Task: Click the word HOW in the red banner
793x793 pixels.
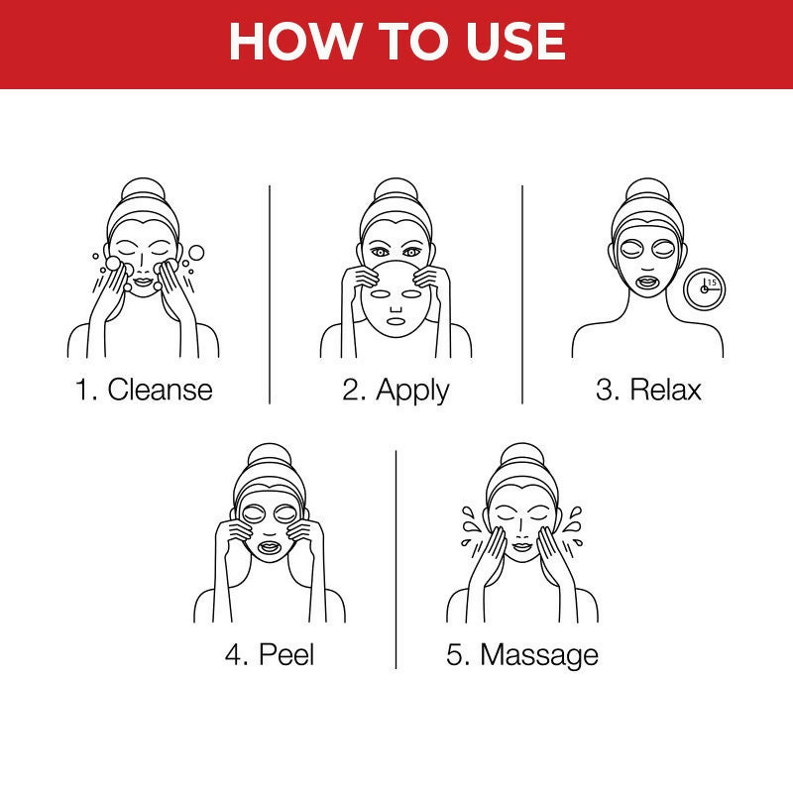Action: click(283, 42)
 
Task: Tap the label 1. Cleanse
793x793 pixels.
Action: click(144, 389)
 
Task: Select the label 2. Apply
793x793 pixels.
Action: click(396, 389)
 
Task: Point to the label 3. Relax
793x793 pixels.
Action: click(648, 389)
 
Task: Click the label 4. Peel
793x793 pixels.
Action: click(270, 654)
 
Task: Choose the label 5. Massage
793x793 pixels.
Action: click(522, 654)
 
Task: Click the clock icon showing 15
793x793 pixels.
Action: click(705, 288)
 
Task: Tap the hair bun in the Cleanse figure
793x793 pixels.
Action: click(144, 190)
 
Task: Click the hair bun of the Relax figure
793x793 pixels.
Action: click(647, 190)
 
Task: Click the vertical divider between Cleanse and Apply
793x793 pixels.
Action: click(270, 292)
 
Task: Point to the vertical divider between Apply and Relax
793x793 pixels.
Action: click(522, 292)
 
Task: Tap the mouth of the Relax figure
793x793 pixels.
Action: click(647, 281)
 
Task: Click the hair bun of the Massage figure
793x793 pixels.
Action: click(521, 455)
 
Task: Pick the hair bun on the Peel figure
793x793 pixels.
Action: click(270, 455)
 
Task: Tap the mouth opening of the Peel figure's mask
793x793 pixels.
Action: click(270, 546)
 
